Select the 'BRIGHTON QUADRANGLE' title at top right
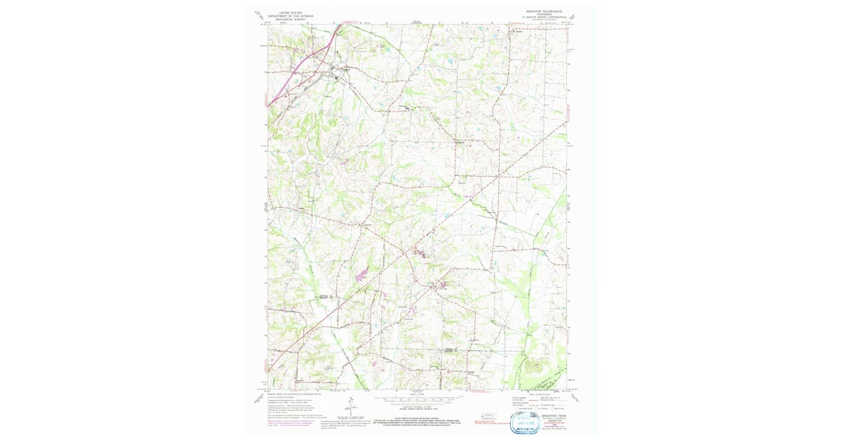544,11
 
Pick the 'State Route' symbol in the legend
555,408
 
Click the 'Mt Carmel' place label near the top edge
520,30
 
